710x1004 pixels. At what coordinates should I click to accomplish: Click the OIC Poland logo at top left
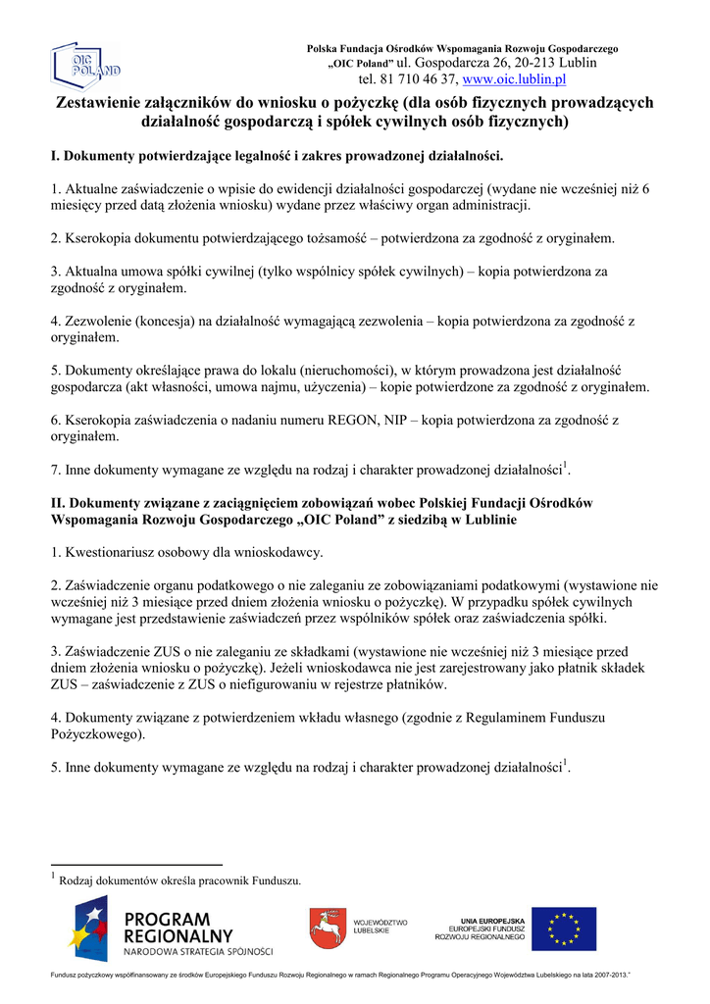[86, 66]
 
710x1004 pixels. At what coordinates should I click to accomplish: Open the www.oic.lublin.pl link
[514, 79]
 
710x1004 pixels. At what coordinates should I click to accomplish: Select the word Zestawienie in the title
[101, 103]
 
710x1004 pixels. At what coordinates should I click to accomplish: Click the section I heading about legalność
[277, 156]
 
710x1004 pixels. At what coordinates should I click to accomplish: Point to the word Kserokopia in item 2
[98, 238]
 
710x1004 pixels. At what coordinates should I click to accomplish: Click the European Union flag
[571, 929]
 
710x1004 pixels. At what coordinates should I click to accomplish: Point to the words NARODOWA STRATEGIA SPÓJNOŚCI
[198, 951]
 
